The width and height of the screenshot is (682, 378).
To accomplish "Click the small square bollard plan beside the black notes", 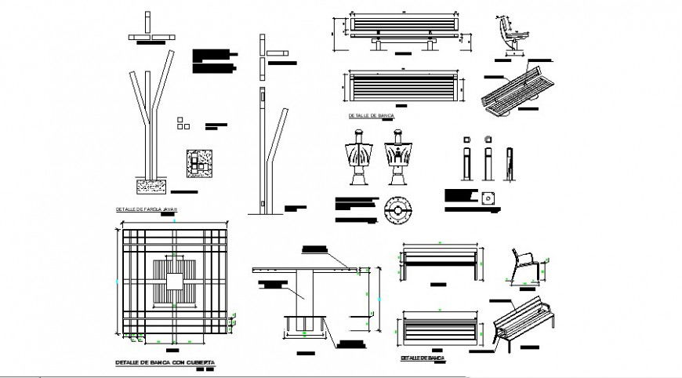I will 490,198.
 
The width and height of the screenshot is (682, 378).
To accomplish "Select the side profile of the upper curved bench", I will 509,36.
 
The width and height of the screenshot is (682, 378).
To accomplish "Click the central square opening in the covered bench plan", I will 174,283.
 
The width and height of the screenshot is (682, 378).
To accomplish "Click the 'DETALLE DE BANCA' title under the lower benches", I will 422,358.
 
